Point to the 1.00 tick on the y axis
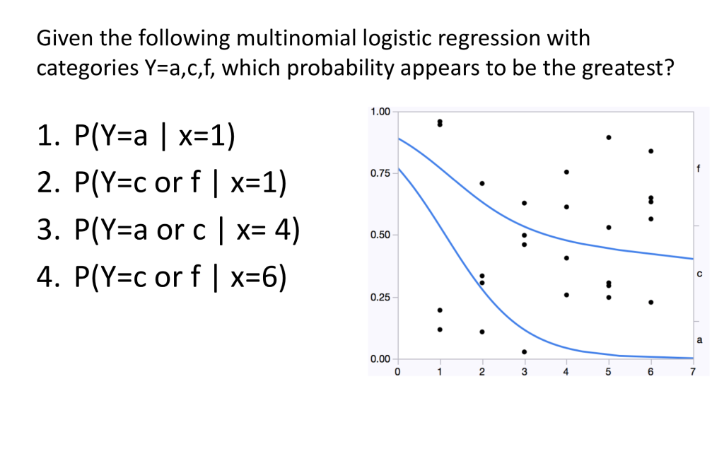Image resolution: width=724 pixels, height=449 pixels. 380,112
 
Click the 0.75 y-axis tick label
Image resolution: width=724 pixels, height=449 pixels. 380,173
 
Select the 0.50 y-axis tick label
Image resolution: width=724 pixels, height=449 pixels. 380,235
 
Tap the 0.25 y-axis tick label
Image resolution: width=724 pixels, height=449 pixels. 380,297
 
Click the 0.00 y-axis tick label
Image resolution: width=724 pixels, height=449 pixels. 380,359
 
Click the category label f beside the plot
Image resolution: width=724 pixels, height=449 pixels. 699,169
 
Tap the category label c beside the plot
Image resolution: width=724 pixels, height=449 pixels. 699,273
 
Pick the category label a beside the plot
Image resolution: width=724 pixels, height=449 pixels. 699,340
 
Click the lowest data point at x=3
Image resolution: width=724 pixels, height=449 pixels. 524,351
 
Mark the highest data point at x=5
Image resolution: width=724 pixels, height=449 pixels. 609,137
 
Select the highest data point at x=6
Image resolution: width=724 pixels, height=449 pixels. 650,151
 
